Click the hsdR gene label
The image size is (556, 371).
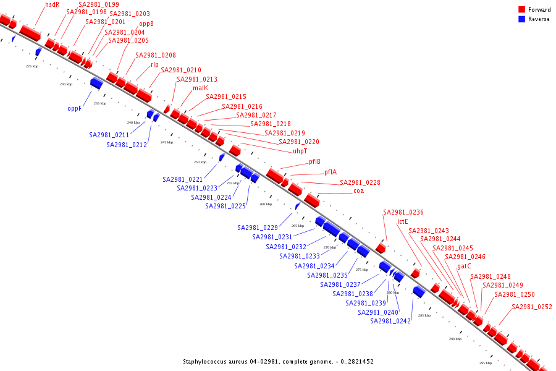[x=53, y=4]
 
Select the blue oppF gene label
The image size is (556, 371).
[x=75, y=108]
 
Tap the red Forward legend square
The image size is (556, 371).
[x=522, y=10]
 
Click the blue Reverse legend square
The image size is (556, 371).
[x=522, y=19]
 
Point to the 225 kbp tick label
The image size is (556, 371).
[x=32, y=66]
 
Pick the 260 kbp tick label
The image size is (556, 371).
[x=266, y=204]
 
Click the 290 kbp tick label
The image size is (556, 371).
[x=455, y=339]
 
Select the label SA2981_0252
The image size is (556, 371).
[x=531, y=307]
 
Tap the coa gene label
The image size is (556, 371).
[x=358, y=190]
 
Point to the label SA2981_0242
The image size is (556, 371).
[x=390, y=321]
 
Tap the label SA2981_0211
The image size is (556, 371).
[x=109, y=135]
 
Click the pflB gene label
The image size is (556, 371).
[x=314, y=162]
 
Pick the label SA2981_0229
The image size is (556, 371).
[x=258, y=228]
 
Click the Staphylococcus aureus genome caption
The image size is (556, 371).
[x=278, y=362]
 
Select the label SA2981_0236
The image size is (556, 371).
[x=403, y=212]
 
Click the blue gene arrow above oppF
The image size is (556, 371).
[x=96, y=82]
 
